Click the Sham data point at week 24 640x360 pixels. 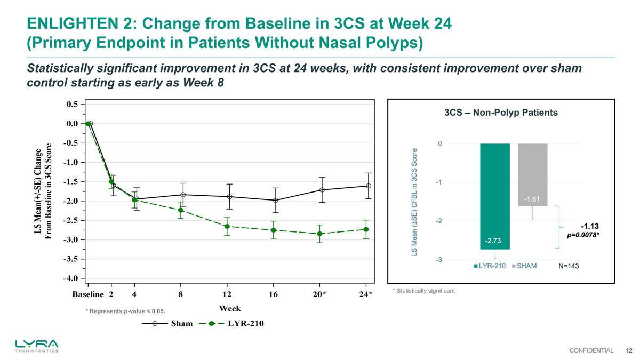coord(366,186)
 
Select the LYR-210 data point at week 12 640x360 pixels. coord(227,227)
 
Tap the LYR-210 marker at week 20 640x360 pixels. coord(319,234)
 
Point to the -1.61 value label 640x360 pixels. coord(532,199)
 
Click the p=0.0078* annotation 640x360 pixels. coord(586,235)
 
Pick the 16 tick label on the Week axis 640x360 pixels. coord(274,294)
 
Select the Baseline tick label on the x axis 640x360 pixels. coord(88,294)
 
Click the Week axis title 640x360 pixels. coord(230,309)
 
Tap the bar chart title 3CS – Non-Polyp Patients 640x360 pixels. coord(501,113)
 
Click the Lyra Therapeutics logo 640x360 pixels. coord(37,345)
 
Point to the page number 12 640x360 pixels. coord(629,350)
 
